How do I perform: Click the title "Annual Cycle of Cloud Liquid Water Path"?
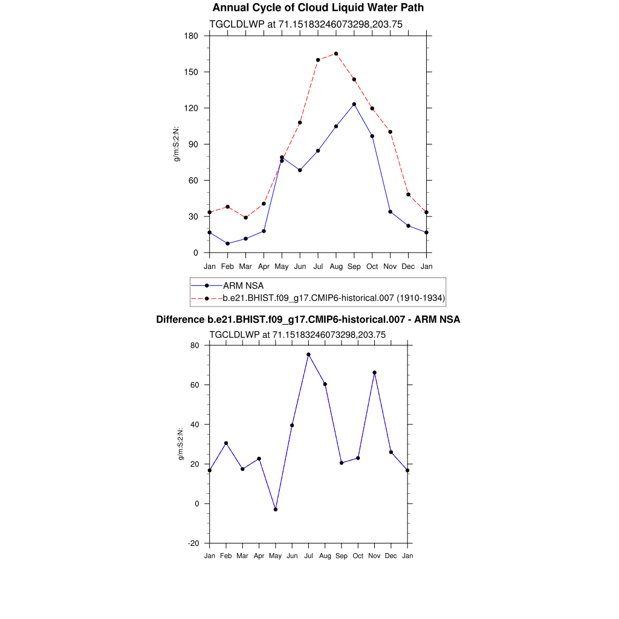(x=318, y=8)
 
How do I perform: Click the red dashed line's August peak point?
(x=336, y=54)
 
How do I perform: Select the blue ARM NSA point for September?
(x=354, y=105)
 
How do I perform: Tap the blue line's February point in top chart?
(x=227, y=244)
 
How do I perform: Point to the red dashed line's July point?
(x=318, y=60)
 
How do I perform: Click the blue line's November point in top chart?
(x=391, y=212)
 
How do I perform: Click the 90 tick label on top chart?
(x=193, y=144)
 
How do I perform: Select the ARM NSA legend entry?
(x=243, y=285)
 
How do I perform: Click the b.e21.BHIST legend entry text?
(x=334, y=298)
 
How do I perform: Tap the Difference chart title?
(x=308, y=319)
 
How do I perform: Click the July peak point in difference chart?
(x=308, y=355)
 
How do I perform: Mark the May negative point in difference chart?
(x=276, y=510)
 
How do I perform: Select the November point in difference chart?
(x=375, y=372)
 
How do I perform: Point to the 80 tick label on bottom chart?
(x=195, y=346)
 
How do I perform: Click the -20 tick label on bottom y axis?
(x=193, y=543)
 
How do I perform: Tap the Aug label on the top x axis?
(x=336, y=267)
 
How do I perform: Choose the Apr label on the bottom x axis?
(x=259, y=556)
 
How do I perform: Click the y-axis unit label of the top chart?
(x=177, y=144)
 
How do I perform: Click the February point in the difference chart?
(x=226, y=443)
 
